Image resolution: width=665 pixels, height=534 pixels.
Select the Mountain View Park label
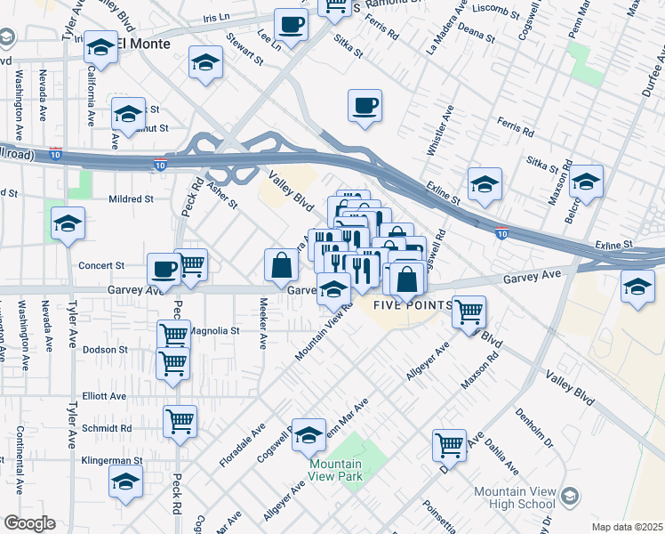point(336,471)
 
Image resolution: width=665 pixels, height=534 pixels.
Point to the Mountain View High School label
point(515,498)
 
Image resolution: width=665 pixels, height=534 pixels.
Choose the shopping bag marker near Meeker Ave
point(281,263)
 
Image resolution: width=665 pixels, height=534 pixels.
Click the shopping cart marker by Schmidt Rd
point(180,421)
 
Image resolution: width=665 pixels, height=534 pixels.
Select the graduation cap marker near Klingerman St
point(125,481)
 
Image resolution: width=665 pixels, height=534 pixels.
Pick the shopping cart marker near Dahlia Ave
point(449,443)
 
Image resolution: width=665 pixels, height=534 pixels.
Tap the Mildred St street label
point(131,198)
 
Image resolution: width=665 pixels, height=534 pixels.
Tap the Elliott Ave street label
point(104,396)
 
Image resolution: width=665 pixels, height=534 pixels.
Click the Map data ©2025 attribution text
point(628,527)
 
